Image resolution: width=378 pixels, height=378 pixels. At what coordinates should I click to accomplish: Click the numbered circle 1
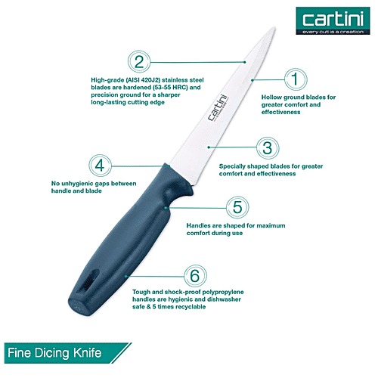coord(296,78)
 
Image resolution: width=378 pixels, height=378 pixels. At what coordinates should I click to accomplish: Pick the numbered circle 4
coord(99,166)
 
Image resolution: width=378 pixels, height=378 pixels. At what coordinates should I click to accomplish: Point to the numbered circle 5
coord(236,206)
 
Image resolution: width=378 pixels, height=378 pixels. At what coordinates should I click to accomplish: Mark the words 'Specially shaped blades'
coord(255,166)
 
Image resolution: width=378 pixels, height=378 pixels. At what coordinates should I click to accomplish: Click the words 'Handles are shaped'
coord(215,225)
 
